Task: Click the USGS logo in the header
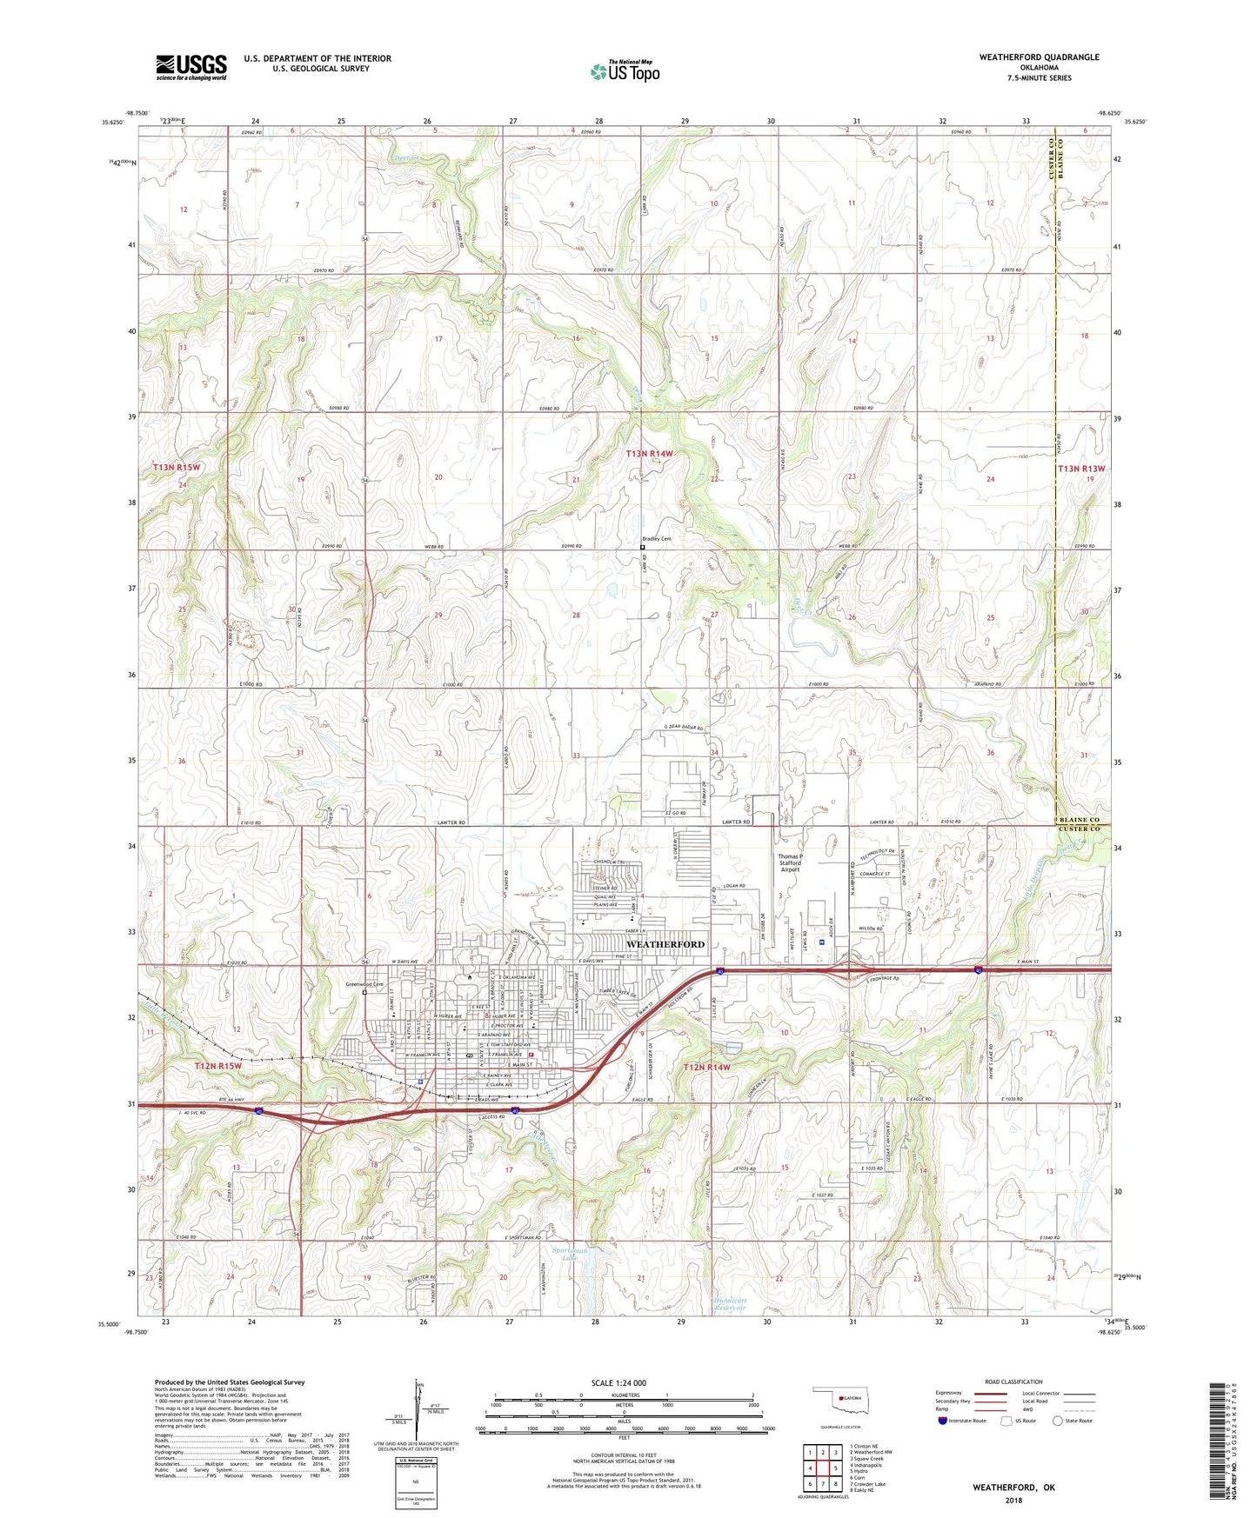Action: click(x=191, y=66)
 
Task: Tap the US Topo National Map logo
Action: click(x=624, y=70)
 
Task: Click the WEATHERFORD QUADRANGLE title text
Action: click(x=1026, y=57)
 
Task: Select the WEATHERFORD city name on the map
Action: click(x=665, y=943)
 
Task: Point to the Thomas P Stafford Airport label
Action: click(x=789, y=862)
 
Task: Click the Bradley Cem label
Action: click(x=657, y=539)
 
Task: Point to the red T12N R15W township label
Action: click(x=217, y=1065)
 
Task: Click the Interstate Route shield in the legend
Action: click(x=943, y=1421)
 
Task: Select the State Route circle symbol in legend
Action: click(x=1058, y=1421)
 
